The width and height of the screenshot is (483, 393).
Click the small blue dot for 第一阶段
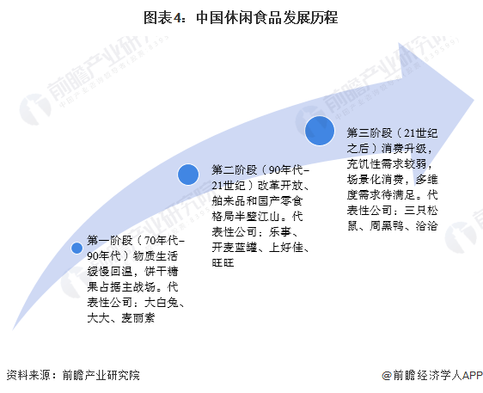[x=76, y=248]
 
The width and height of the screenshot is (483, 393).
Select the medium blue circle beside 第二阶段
[x=188, y=175]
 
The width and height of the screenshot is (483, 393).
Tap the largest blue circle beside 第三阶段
[x=320, y=131]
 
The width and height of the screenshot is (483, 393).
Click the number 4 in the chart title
[x=178, y=17]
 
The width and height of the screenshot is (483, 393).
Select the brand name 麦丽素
[x=138, y=318]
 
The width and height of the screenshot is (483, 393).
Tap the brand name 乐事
[x=279, y=232]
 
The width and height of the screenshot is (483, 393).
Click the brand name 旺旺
[x=223, y=262]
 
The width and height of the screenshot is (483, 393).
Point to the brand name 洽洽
[x=426, y=225]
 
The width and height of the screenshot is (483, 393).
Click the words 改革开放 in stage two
[x=280, y=186]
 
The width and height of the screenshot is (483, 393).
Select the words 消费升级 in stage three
[x=404, y=149]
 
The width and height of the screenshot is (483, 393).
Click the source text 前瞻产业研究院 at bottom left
[x=101, y=375]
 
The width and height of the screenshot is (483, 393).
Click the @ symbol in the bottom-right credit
[x=387, y=376]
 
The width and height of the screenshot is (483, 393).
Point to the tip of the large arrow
[x=474, y=100]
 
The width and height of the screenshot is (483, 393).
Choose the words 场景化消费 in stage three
[x=376, y=180]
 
